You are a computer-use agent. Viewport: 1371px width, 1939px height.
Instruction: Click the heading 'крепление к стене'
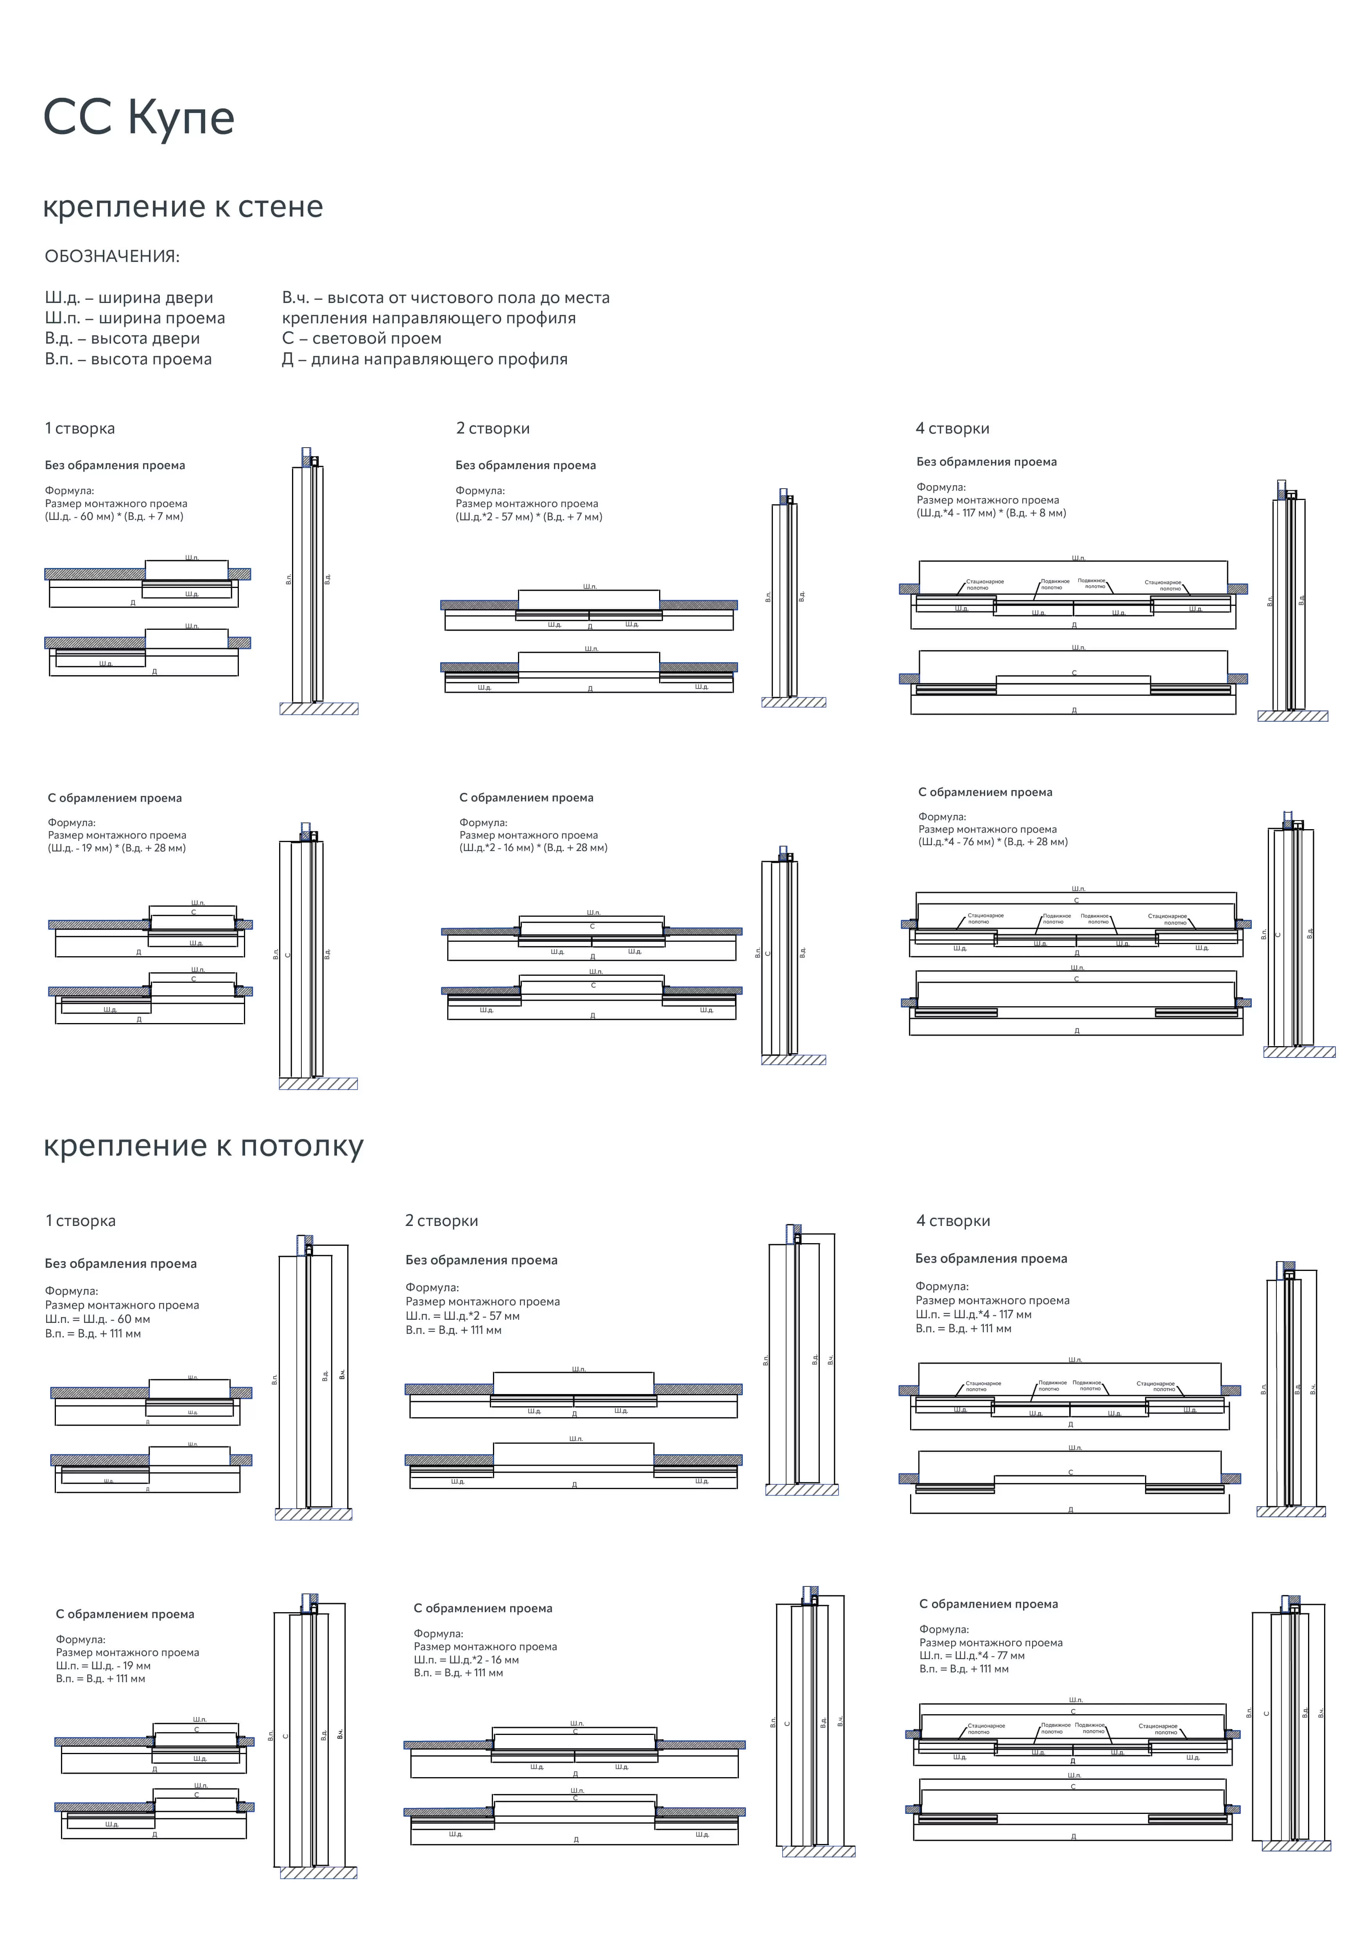[x=183, y=207]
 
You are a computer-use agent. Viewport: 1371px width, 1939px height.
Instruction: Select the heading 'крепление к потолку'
[x=203, y=1146]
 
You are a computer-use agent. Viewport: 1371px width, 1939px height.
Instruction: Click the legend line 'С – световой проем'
[x=362, y=339]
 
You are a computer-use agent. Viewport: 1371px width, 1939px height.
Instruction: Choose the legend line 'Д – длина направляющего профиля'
[x=424, y=359]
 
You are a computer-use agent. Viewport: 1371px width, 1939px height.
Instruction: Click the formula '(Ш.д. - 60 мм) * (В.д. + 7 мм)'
[x=114, y=517]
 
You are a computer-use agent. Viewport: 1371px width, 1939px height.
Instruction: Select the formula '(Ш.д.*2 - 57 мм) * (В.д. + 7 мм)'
[x=529, y=517]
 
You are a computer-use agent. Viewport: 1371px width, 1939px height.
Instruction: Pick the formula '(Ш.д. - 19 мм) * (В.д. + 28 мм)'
[x=116, y=848]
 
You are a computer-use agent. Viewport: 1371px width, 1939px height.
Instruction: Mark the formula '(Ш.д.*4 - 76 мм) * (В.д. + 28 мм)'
[x=993, y=842]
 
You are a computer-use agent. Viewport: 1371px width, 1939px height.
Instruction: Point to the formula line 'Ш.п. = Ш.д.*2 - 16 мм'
[x=466, y=1659]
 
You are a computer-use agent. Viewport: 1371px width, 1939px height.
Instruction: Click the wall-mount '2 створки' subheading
[x=493, y=428]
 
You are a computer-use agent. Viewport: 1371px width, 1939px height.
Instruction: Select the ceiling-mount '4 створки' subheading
[x=953, y=1221]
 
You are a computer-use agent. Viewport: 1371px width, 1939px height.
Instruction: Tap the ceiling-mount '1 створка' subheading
[x=80, y=1221]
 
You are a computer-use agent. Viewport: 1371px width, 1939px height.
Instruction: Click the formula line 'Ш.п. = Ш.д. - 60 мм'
[x=97, y=1319]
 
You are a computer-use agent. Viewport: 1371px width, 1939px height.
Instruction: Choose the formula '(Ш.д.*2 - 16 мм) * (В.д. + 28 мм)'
[x=533, y=848]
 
